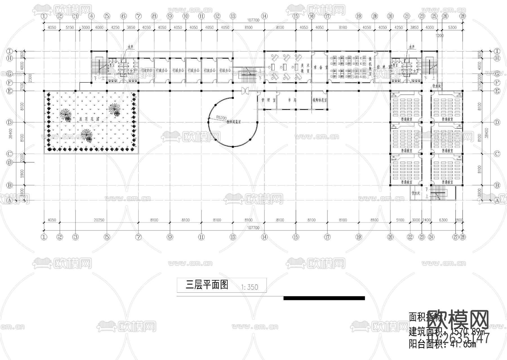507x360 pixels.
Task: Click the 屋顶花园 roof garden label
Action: (89, 119)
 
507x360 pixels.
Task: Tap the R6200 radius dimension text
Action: (221, 118)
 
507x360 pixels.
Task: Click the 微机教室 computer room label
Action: (370, 67)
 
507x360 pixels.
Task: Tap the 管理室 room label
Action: (268, 100)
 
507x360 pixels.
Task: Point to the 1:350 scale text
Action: (250, 287)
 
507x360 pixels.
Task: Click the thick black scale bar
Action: (324, 298)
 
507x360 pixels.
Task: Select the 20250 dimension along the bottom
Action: (99, 220)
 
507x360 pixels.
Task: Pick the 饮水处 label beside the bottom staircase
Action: (416, 193)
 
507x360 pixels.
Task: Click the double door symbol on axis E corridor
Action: (245, 91)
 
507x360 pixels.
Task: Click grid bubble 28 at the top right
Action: (463, 16)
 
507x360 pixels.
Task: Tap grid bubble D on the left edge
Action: (10, 122)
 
